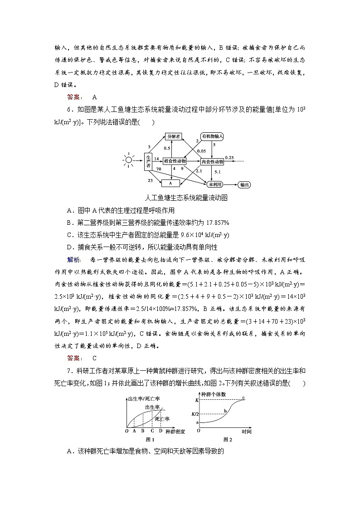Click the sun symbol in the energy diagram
click(129, 160)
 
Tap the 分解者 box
click(173, 136)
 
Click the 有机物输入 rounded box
click(213, 136)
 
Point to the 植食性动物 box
click(174, 161)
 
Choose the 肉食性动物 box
click(212, 161)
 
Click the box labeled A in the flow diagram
click(170, 183)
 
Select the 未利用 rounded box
click(214, 184)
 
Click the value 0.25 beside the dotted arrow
click(229, 157)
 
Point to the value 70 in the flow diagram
click(159, 169)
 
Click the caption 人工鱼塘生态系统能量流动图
click(185, 198)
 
